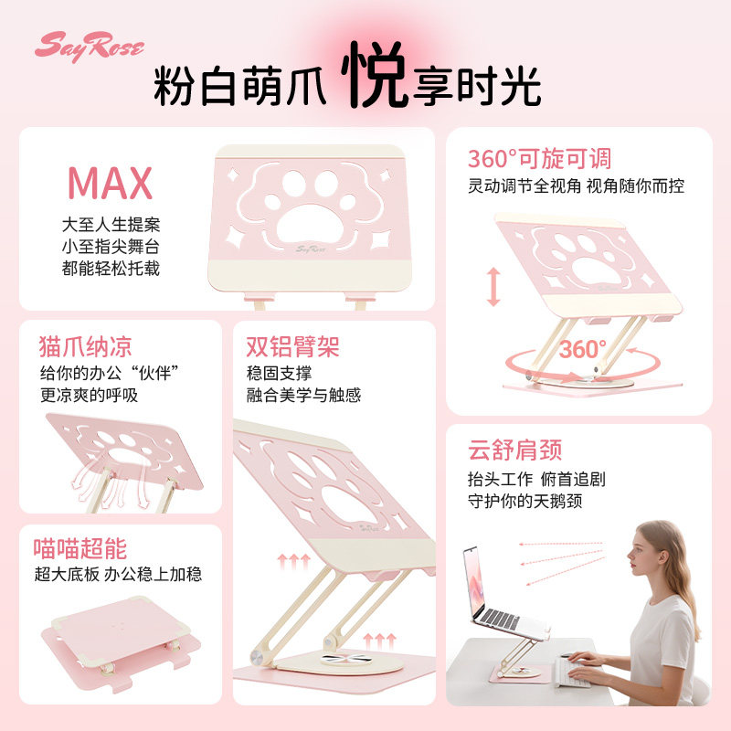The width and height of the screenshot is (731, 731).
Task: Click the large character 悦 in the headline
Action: click(x=375, y=74)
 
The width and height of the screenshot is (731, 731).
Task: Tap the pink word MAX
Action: click(x=110, y=183)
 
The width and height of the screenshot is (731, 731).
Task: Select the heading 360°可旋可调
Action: click(x=539, y=159)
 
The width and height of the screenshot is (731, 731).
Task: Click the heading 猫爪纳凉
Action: click(x=86, y=346)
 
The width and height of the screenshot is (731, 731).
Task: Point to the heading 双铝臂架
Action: click(x=292, y=346)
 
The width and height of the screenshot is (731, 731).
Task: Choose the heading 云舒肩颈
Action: click(x=514, y=450)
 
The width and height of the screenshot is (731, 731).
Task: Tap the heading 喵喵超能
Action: click(x=80, y=548)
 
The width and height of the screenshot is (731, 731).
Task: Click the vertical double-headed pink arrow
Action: click(x=493, y=287)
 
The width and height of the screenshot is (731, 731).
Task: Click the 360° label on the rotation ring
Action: click(x=583, y=349)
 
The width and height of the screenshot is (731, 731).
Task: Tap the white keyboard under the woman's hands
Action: click(x=572, y=673)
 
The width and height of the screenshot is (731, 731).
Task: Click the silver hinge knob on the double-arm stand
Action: click(x=257, y=657)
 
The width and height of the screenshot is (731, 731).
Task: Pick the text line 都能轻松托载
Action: click(x=111, y=268)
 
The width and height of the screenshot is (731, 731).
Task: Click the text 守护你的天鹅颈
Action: click(x=524, y=501)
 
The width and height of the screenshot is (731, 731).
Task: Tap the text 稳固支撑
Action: click(x=279, y=373)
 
